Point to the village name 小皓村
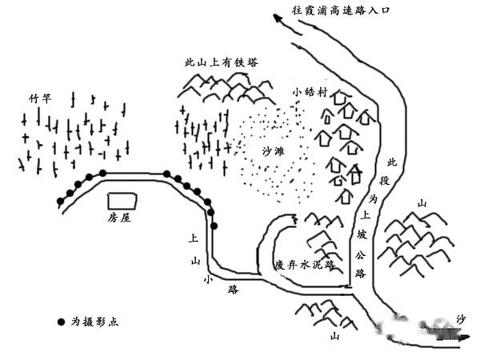tap(310, 92)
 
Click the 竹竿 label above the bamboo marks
tap(39, 98)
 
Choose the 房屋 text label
tap(119, 217)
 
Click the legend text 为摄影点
tap(97, 322)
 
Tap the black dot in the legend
tap(62, 322)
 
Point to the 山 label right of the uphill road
tap(422, 204)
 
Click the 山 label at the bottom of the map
tap(334, 337)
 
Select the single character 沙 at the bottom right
tap(460, 318)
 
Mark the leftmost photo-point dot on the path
tap(60, 200)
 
